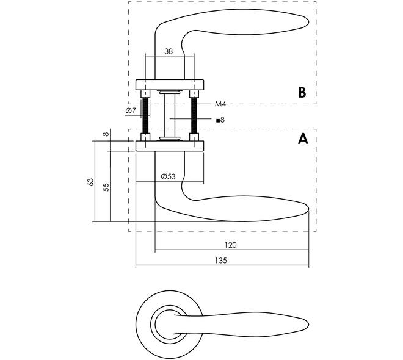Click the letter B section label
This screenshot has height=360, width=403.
click(302, 92)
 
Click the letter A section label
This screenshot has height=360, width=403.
click(303, 139)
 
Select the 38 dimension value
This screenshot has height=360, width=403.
click(169, 51)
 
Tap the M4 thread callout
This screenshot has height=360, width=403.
click(220, 104)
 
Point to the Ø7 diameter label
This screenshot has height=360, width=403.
click(131, 111)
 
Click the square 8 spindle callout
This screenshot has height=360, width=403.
click(220, 120)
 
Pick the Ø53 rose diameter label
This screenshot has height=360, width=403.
click(168, 176)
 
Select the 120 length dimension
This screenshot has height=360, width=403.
click(230, 245)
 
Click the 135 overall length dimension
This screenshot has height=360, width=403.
click(221, 261)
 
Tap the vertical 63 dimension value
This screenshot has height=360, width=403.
click(91, 182)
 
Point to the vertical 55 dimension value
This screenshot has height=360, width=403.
click(106, 187)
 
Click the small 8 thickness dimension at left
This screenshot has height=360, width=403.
click(106, 134)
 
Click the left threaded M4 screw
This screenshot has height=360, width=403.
click(145, 115)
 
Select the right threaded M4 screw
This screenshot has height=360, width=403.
click(194, 115)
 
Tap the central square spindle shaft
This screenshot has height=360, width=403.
click(170, 115)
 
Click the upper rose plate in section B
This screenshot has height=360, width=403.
click(170, 85)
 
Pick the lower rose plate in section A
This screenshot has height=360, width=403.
click(170, 146)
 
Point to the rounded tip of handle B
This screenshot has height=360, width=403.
click(307, 22)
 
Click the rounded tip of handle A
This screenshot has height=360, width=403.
click(307, 209)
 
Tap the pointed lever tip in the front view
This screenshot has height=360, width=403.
click(308, 325)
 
